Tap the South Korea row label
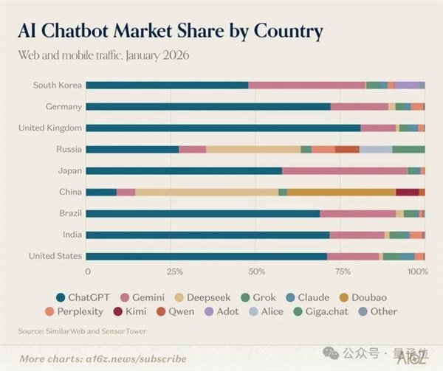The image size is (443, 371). click(57, 85)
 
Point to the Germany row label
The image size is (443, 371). click(63, 106)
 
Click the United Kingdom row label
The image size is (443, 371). click(50, 128)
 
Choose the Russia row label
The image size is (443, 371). click(69, 149)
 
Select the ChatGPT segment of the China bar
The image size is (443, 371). click(101, 193)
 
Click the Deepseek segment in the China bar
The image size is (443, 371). click(206, 193)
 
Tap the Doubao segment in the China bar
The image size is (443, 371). click(341, 193)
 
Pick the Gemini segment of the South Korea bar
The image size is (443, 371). click(306, 85)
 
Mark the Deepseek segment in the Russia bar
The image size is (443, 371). click(253, 149)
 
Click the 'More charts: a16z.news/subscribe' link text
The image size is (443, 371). click(103, 358)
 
